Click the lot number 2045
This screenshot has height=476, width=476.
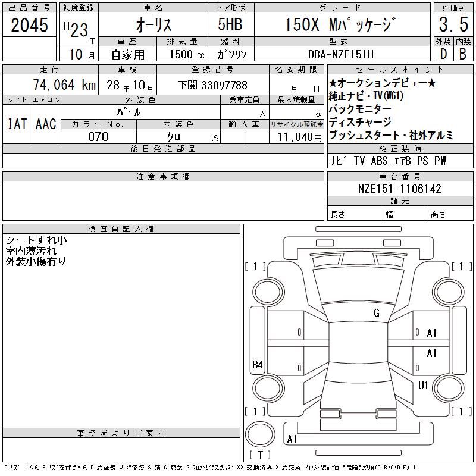tap(29, 25)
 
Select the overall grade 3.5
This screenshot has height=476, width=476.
tap(453, 24)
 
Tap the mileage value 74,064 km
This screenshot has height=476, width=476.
tap(64, 84)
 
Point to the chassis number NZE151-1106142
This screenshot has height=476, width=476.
tap(399, 189)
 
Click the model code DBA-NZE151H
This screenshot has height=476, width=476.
tap(341, 54)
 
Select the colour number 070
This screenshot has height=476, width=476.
tap(98, 137)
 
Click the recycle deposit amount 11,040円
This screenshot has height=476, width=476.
tap(300, 137)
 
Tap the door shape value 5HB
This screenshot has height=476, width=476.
tap(230, 24)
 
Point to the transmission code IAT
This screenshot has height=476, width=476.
tap(17, 124)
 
